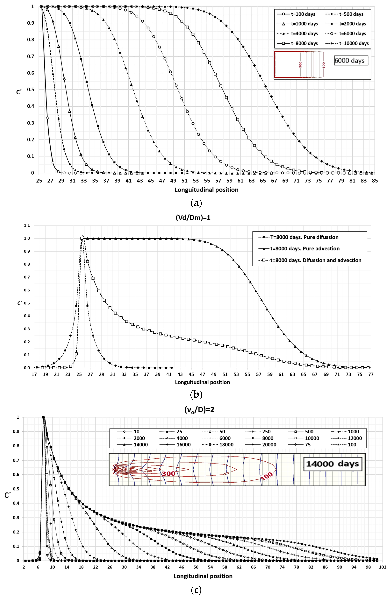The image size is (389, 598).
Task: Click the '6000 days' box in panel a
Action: [351, 61]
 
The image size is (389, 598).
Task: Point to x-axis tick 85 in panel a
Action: [375, 180]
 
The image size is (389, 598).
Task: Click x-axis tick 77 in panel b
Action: [371, 374]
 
